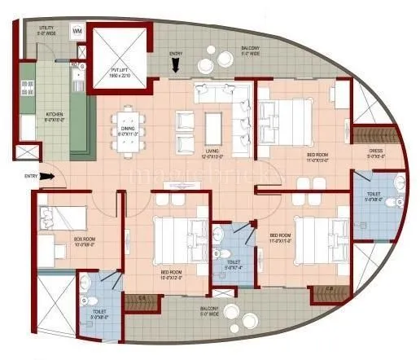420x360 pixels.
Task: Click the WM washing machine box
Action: tap(78, 31)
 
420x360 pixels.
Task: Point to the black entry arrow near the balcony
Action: tap(176, 64)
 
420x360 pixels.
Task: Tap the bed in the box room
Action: tap(63, 219)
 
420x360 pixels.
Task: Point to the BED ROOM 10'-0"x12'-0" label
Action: tap(172, 273)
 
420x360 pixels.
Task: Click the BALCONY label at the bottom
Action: tap(211, 309)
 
